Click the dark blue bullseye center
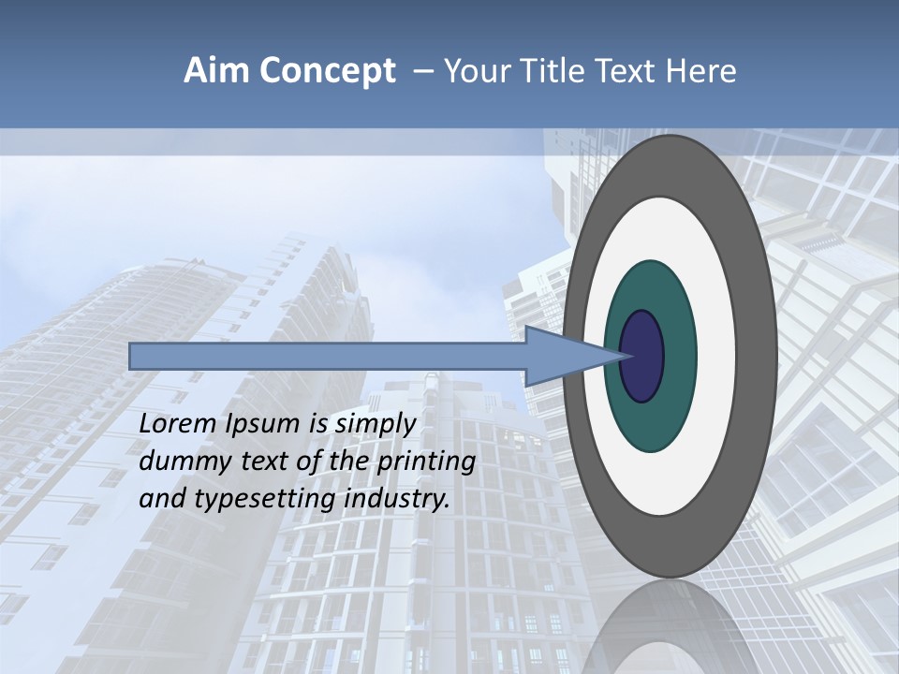[x=641, y=357]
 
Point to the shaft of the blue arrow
[x=328, y=357]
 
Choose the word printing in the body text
[x=425, y=462]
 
